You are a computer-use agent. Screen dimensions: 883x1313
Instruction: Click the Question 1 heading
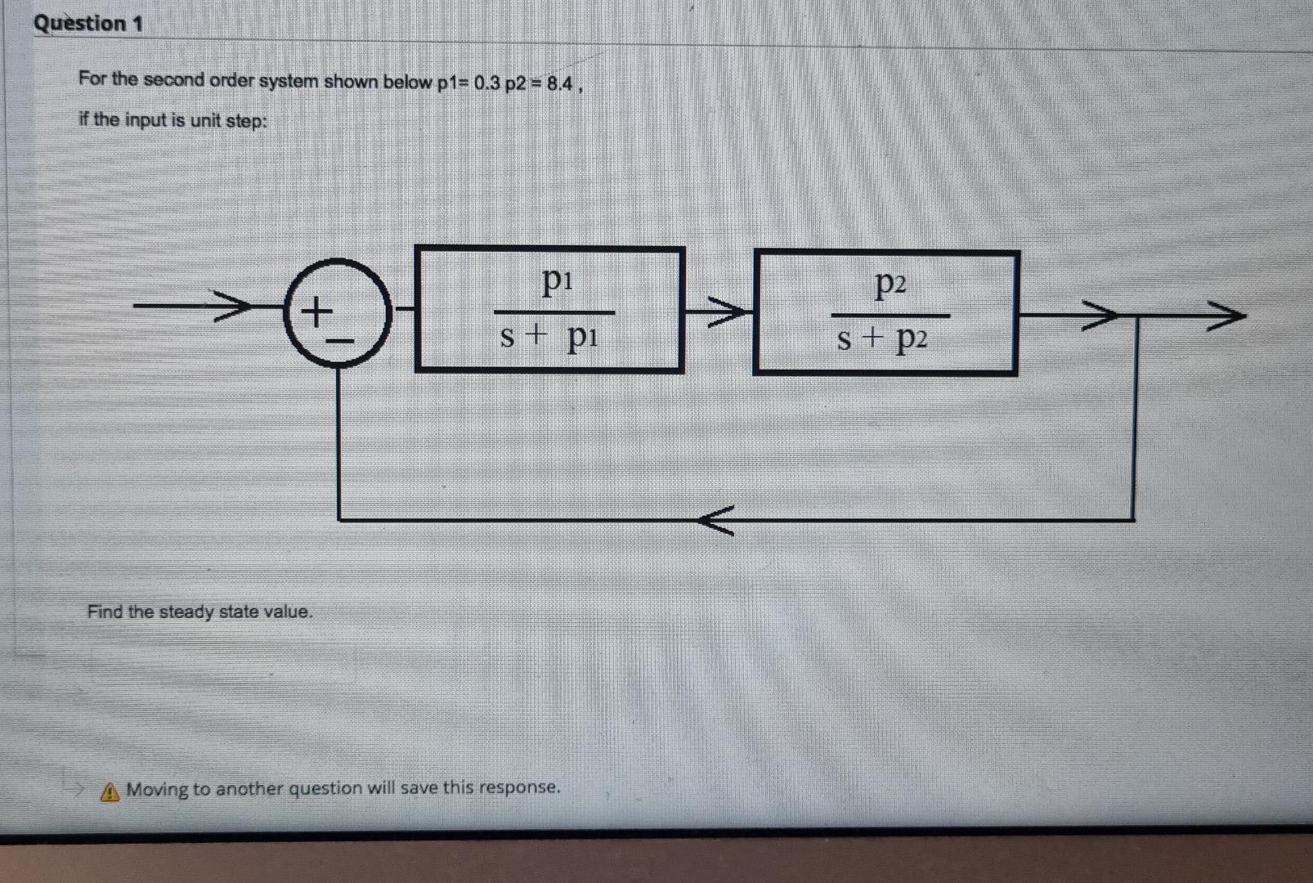87,23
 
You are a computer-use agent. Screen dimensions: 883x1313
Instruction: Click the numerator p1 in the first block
558,282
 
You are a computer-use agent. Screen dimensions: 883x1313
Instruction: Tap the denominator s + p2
882,339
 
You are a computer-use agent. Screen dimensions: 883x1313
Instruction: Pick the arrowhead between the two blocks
726,312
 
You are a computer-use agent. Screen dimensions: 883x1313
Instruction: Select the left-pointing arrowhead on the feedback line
716,519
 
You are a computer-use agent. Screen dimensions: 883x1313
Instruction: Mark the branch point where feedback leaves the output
1134,315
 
